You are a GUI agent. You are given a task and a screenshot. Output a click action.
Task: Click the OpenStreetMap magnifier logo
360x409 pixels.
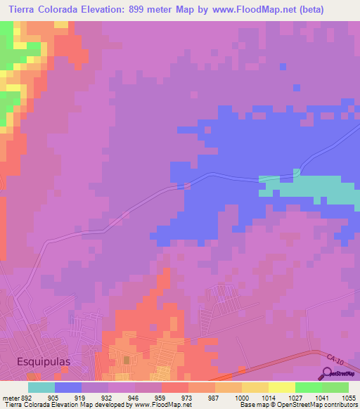coord(328,372)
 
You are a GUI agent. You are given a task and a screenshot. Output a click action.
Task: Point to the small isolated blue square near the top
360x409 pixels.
coord(283,66)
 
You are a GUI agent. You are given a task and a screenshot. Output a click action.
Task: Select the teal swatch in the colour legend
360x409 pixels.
coord(41,387)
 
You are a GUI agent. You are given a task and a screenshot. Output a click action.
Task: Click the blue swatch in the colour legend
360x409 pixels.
coord(68,387)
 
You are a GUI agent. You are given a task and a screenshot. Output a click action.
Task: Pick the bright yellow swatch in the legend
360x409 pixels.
coord(282,387)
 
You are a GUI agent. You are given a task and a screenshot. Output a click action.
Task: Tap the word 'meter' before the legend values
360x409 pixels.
coord(11,397)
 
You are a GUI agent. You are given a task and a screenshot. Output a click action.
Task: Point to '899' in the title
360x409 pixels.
coord(157,9)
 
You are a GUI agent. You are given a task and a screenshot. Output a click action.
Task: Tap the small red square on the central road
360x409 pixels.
coord(187,186)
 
